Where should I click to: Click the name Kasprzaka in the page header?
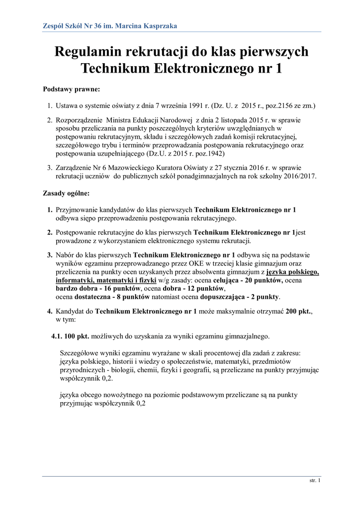pos(159,26)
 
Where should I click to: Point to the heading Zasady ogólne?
pos(66,193)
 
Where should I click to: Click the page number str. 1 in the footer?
pos(315,481)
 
